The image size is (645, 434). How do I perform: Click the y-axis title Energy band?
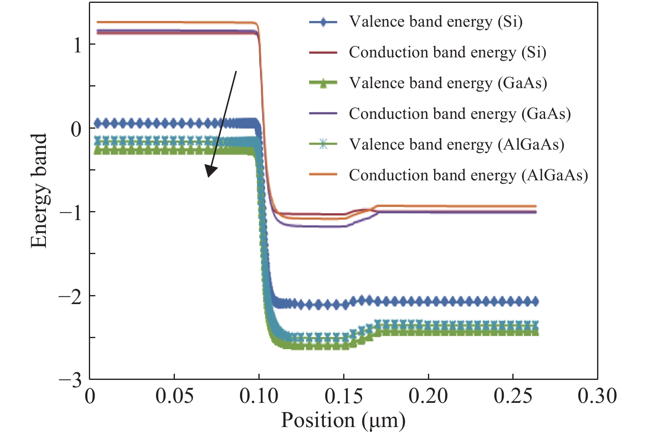click(x=39, y=191)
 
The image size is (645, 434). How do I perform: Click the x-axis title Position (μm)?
click(x=343, y=420)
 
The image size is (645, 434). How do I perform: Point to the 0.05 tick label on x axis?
click(x=174, y=396)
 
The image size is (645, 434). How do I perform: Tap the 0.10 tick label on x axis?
click(x=259, y=396)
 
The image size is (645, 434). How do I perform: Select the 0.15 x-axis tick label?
click(x=344, y=396)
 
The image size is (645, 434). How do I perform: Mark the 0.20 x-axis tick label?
click(x=428, y=396)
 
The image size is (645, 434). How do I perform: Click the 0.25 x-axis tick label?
click(x=513, y=396)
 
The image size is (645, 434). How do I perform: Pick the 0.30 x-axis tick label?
click(x=597, y=396)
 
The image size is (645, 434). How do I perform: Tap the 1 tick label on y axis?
click(x=77, y=45)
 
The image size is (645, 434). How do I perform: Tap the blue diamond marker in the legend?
click(x=323, y=22)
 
